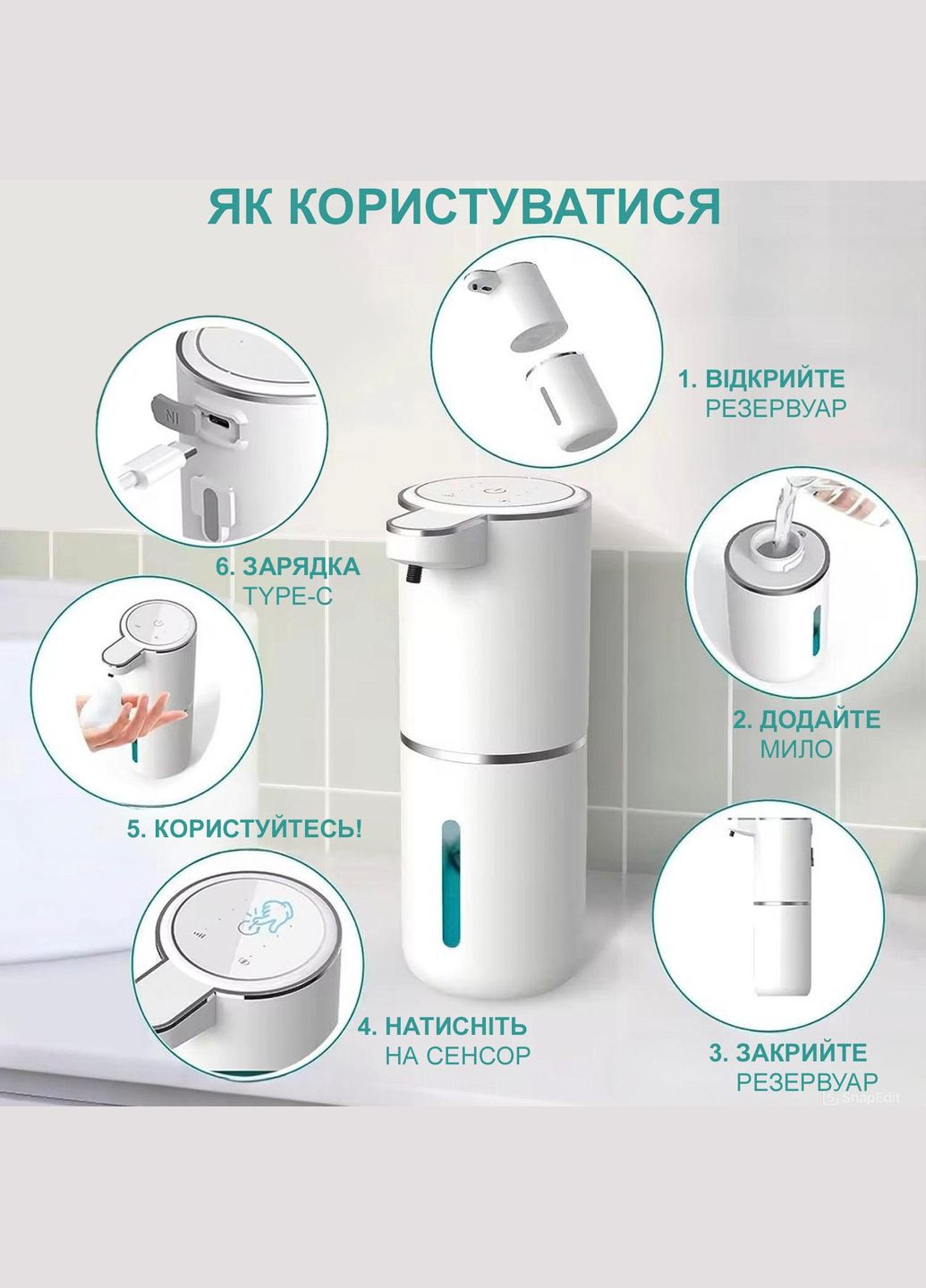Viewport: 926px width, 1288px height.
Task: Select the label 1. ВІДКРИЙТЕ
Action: pos(760,378)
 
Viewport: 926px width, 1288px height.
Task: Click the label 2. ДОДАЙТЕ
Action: pos(806,719)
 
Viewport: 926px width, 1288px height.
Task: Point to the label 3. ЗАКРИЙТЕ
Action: pos(788,1052)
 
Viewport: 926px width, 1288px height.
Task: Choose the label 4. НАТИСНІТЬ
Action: pos(442,1025)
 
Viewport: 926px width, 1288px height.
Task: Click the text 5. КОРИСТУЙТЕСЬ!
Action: pos(244,828)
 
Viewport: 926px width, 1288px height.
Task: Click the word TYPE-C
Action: pos(287,595)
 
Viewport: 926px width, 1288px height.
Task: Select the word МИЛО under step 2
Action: pos(795,749)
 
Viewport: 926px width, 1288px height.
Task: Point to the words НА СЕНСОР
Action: pos(457,1055)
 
